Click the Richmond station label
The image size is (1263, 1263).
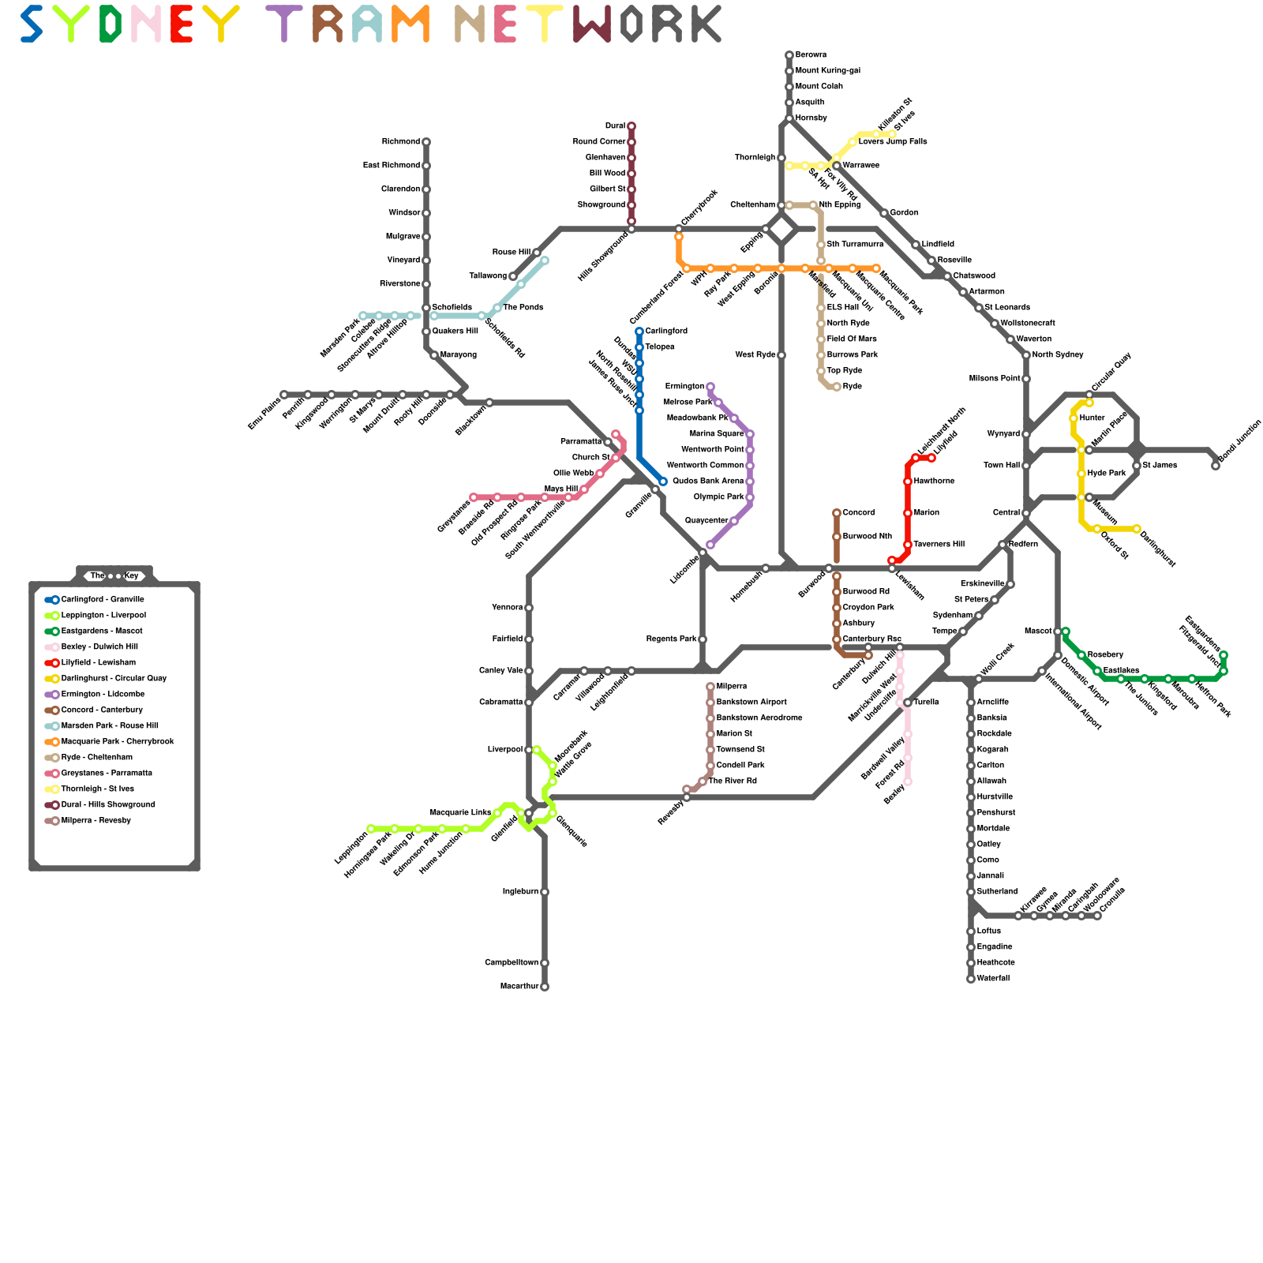(x=401, y=142)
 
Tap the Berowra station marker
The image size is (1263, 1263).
(x=789, y=55)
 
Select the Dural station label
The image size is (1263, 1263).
(x=616, y=126)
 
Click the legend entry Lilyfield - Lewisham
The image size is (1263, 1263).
(x=99, y=663)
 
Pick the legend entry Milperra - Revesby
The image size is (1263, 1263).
(x=96, y=821)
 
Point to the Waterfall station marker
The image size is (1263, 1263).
(x=971, y=979)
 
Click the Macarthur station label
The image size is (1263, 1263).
(x=519, y=987)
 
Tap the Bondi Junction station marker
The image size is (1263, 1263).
(x=1216, y=466)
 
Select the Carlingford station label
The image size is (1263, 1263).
(x=666, y=332)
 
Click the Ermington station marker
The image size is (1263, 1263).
(x=710, y=387)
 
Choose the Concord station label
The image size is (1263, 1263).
(x=859, y=513)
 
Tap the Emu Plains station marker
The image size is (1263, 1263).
(x=284, y=395)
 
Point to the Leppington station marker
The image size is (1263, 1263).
(x=371, y=829)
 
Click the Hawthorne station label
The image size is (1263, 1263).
(x=935, y=482)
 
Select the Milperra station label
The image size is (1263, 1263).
(x=732, y=687)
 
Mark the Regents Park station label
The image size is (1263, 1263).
(x=671, y=639)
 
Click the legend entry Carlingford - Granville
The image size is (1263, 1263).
(x=103, y=600)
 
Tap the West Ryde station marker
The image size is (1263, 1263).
(x=781, y=355)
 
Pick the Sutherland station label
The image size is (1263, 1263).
(x=998, y=892)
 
